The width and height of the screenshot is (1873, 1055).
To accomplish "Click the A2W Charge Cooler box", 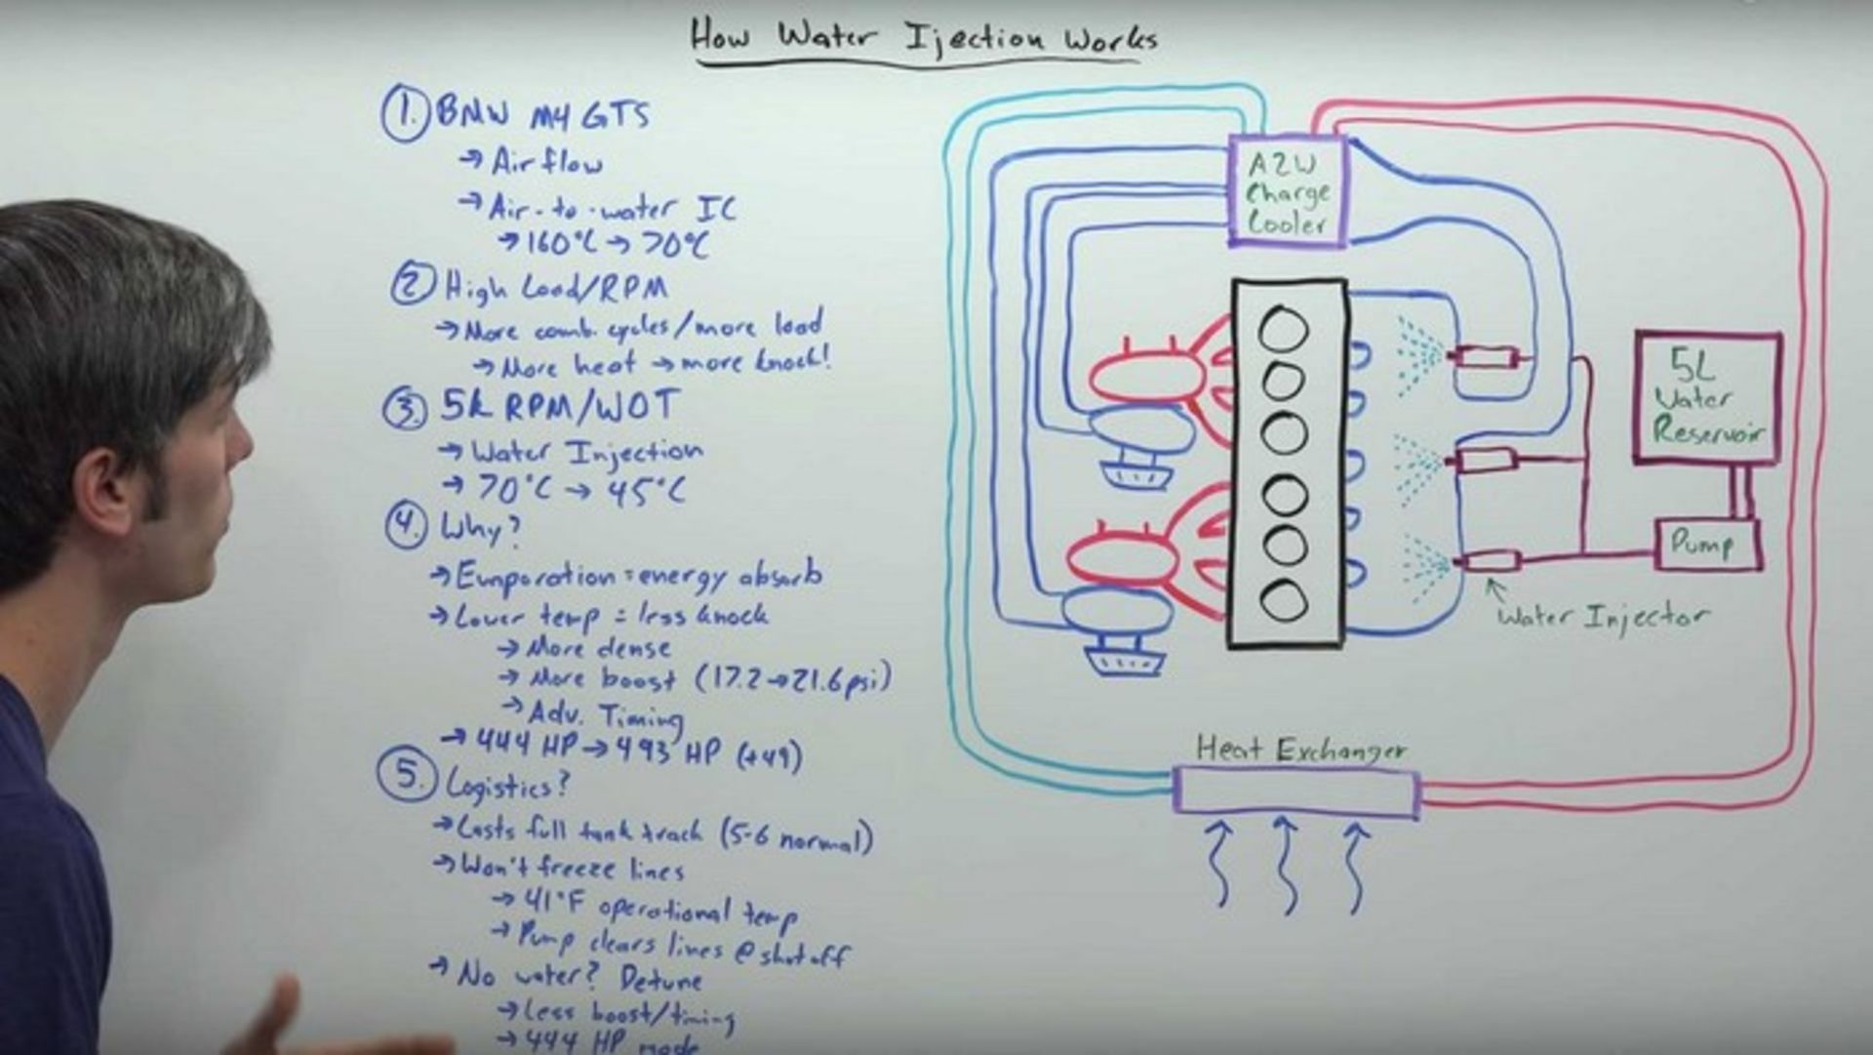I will (x=1287, y=192).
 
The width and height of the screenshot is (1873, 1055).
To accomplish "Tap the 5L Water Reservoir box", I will (x=1707, y=398).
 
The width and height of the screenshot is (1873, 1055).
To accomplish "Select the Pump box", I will (x=1707, y=545).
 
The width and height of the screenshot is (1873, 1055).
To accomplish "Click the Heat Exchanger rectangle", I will (x=1295, y=791).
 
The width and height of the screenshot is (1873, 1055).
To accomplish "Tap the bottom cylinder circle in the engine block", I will (x=1283, y=599).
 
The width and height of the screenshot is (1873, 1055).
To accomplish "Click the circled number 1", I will (x=404, y=113).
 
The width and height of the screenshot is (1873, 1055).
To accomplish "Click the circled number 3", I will (x=404, y=409).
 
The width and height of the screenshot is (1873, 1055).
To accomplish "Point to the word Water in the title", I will (x=826, y=37).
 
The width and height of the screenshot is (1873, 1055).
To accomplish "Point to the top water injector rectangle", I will (x=1484, y=358).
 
